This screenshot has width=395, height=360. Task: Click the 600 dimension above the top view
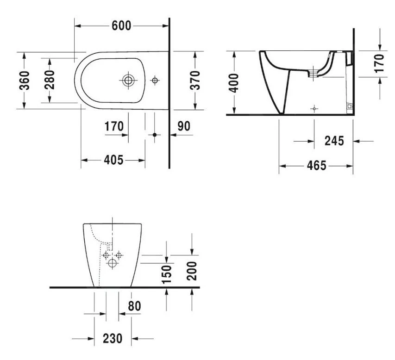pos(122,25)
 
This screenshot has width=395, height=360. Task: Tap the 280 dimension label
pos(49,80)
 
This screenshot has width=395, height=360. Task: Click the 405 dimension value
pos(113,160)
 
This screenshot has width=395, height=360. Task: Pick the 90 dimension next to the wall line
pos(184,126)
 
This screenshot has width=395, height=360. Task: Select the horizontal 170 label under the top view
pos(113,126)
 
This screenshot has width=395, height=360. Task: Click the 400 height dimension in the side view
pos(234,83)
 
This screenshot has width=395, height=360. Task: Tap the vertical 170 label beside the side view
pos(379,62)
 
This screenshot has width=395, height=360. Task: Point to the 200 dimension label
pos(192,270)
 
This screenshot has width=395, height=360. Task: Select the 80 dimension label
pos(134,306)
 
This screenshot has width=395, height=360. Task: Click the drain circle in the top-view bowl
pos(128,80)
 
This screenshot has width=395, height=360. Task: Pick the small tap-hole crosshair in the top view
pos(155,81)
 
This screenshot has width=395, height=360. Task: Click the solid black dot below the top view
pos(155,135)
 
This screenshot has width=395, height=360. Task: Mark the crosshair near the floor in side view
pos(314,108)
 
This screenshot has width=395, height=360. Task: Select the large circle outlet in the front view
pos(112,264)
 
